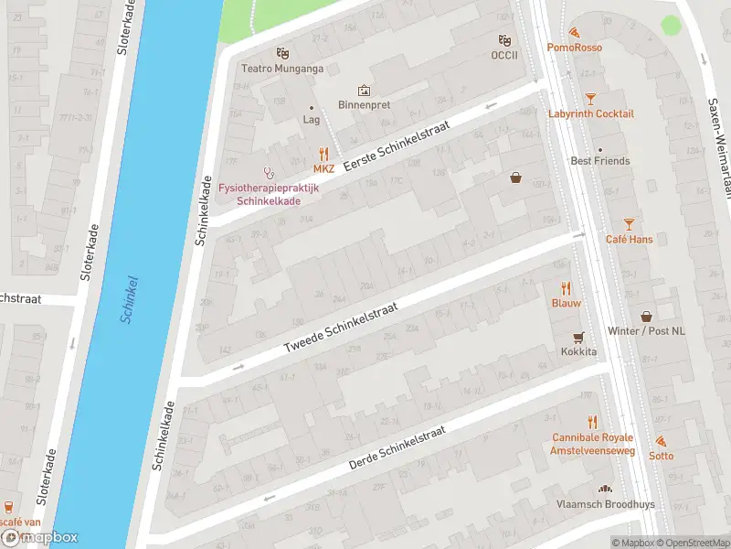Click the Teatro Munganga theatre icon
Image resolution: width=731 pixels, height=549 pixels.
pos(282,54)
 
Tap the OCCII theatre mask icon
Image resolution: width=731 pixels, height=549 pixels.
pos(503,40)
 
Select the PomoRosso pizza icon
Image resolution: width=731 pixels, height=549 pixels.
pos(573,32)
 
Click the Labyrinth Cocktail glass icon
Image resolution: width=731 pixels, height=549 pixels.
pos(590,98)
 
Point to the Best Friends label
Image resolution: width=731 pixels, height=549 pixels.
pos(599,161)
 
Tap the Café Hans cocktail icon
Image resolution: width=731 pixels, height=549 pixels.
pos(628,224)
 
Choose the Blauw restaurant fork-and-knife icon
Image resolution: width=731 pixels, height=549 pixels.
pos(566,287)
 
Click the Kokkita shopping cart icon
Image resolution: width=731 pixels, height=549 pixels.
pos(577,337)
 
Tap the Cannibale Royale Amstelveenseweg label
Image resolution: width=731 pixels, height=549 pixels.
pos(592,444)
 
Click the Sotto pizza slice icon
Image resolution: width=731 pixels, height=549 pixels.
pos(661,441)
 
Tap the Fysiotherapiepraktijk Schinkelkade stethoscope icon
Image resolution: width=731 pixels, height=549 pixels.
pos(269,171)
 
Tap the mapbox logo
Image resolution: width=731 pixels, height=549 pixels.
pos(39,537)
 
